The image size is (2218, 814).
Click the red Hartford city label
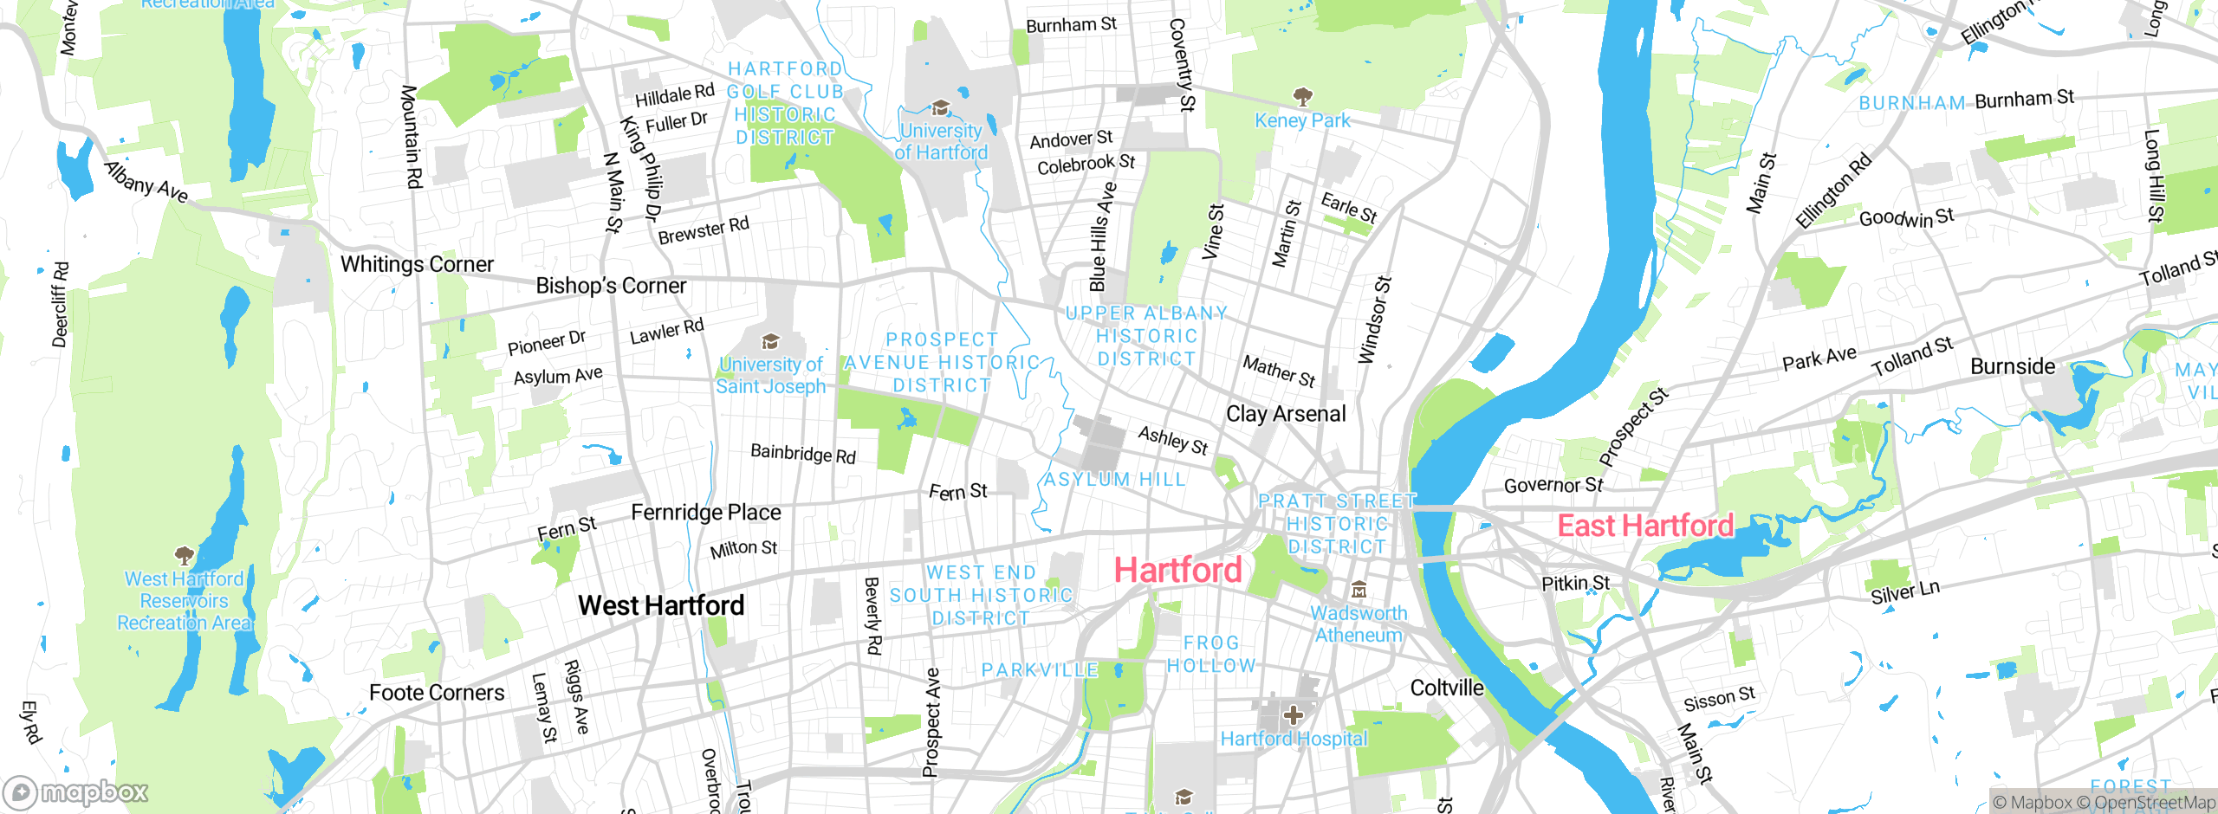1177,571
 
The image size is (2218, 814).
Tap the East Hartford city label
1645,526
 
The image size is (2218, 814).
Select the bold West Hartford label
661,605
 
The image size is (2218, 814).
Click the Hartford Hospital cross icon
1294,715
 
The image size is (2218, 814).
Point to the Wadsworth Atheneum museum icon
1359,591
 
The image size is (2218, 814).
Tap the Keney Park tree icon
1301,96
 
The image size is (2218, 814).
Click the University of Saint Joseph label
770,376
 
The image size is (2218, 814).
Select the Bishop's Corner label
611,286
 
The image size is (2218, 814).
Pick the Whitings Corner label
417,264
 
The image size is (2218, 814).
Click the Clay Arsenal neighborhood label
1286,414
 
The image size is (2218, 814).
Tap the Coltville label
1447,688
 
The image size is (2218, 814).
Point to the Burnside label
2012,366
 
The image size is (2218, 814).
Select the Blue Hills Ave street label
1102,236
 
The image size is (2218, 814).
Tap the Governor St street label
1553,486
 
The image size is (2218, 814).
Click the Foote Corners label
437,693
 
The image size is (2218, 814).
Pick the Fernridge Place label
705,513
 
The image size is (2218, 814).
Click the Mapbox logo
76,792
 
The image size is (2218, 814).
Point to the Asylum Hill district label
1114,479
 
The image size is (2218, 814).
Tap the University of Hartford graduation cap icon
940,108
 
